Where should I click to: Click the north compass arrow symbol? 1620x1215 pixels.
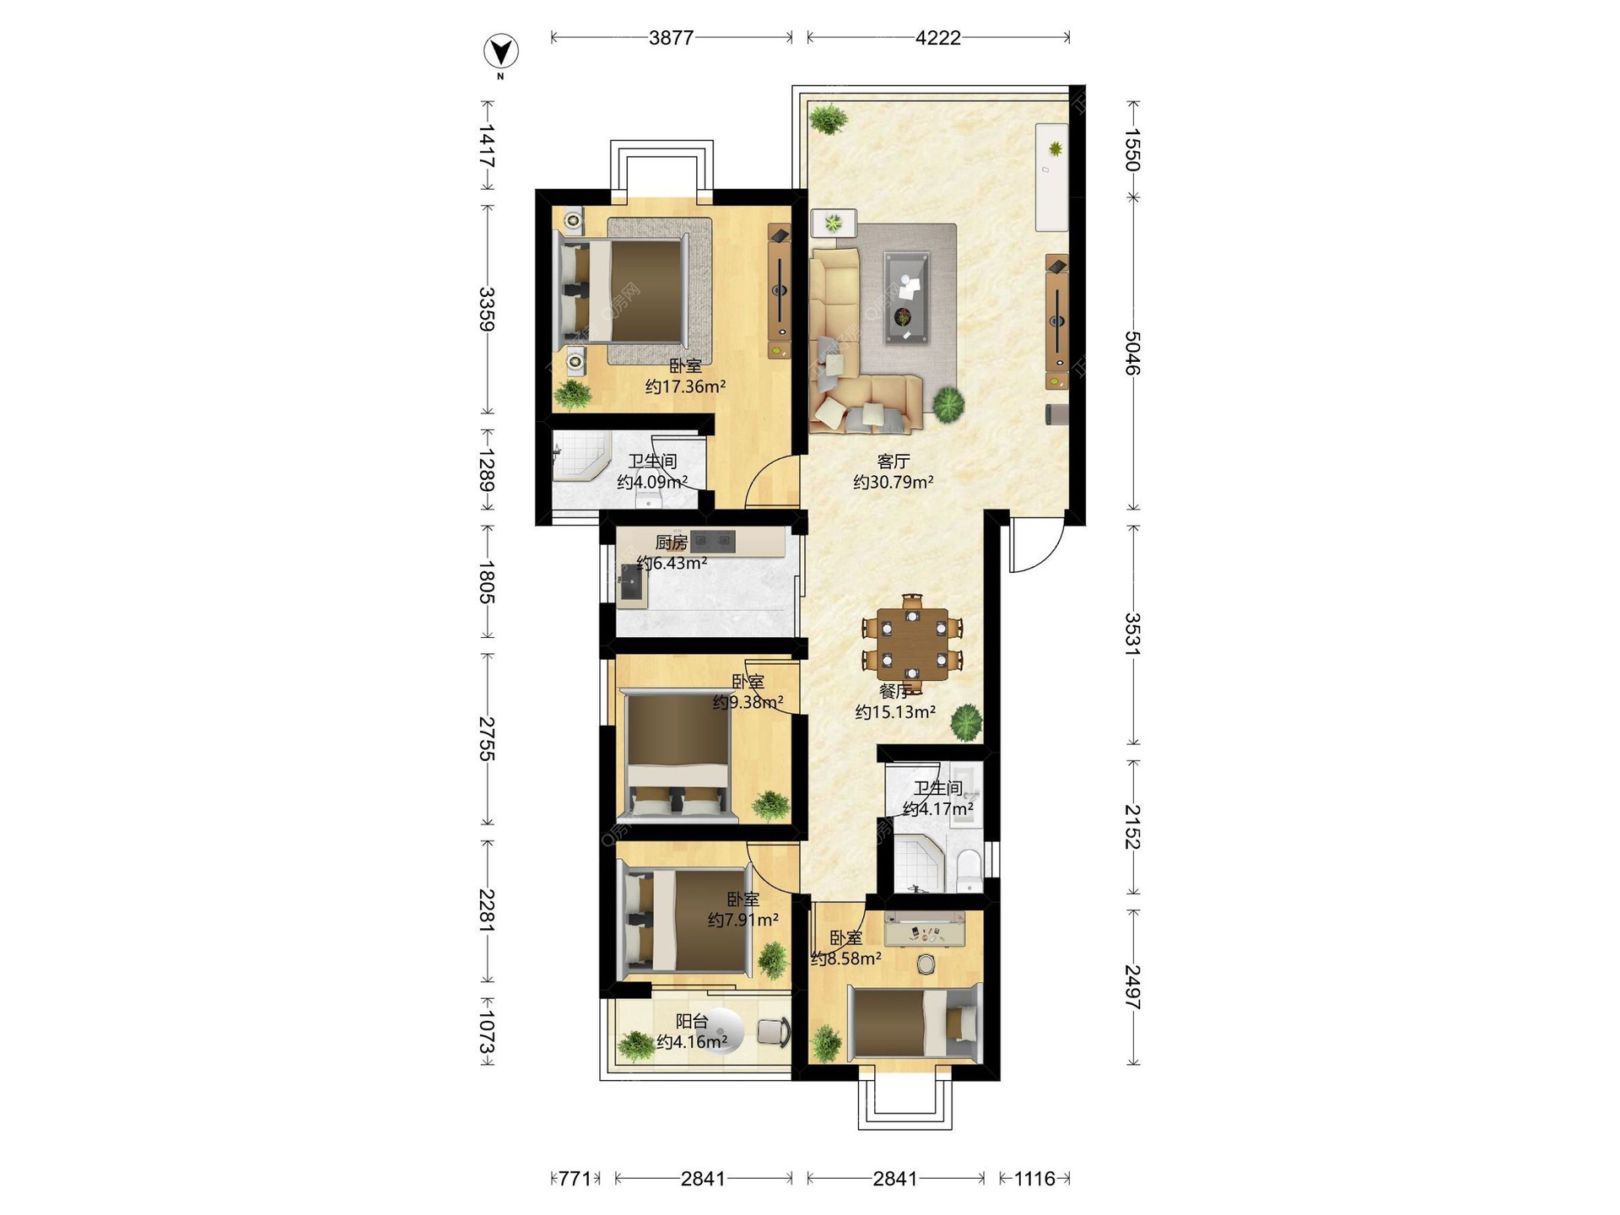tap(500, 51)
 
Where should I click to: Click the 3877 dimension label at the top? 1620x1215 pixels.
tap(672, 38)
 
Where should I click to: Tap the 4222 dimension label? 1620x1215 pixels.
tap(937, 38)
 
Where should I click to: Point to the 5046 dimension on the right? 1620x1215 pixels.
tap(1133, 353)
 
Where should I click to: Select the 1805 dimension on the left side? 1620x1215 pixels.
tap(487, 581)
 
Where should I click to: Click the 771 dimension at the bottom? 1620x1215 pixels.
tap(575, 1179)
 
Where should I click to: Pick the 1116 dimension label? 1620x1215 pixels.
tap(1034, 1179)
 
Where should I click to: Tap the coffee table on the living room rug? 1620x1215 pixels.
tap(906, 297)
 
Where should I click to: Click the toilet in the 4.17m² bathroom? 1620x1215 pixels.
tap(969, 869)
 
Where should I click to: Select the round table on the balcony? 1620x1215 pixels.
tap(721, 1032)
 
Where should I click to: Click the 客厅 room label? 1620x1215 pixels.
tap(894, 462)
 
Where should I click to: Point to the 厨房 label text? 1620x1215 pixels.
tap(672, 543)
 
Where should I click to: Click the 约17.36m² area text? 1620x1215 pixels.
tap(685, 386)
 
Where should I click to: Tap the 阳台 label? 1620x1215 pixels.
tap(692, 1021)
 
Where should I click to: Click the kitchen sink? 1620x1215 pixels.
tap(631, 581)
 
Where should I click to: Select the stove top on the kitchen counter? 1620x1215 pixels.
tap(713, 541)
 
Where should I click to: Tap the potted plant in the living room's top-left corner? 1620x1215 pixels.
tap(829, 119)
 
